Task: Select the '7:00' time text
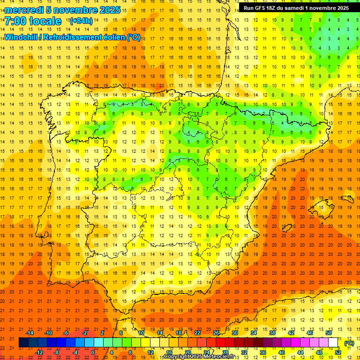click(x=17, y=22)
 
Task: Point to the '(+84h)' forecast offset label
click(x=81, y=21)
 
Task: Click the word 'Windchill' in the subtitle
click(x=21, y=37)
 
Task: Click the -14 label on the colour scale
click(x=30, y=333)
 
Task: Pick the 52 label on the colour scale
click(x=338, y=352)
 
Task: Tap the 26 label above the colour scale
click(x=216, y=333)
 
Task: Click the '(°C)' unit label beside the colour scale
click(x=349, y=343)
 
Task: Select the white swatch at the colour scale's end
click(x=333, y=343)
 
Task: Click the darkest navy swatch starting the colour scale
click(x=23, y=343)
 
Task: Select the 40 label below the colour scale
click(x=282, y=352)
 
